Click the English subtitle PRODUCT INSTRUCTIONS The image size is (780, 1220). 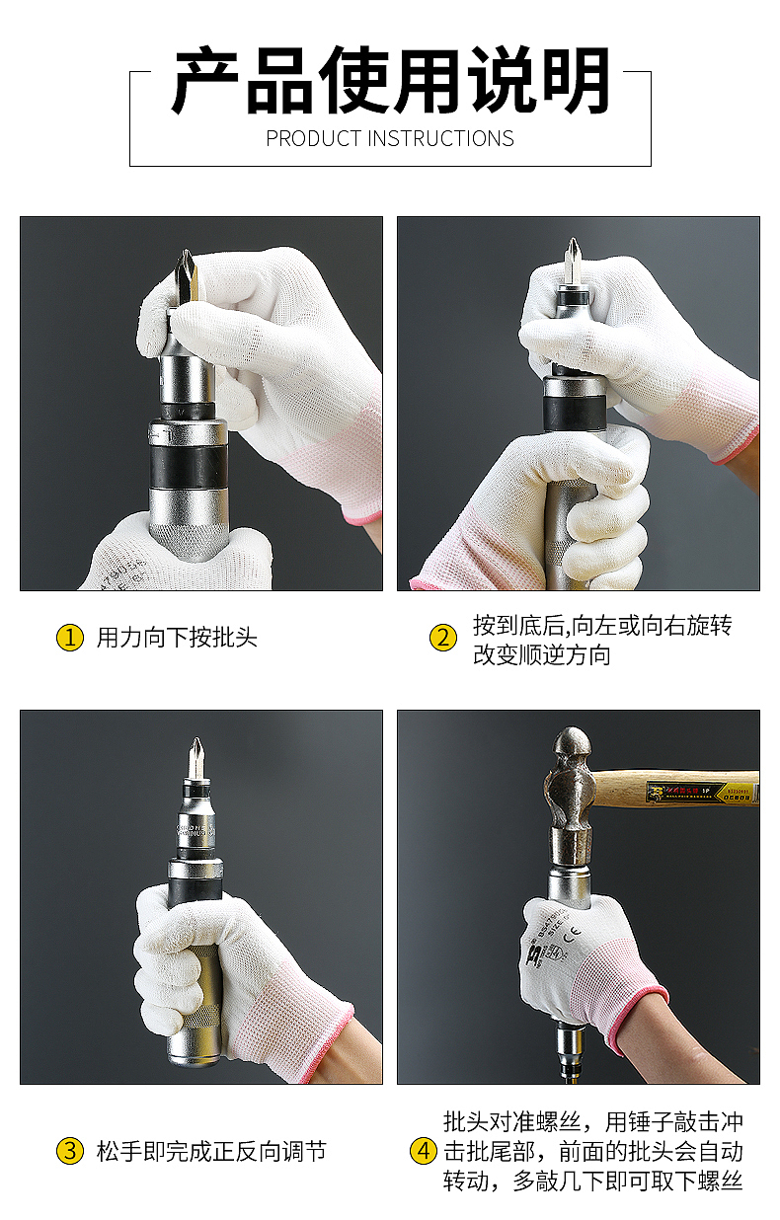click(x=390, y=138)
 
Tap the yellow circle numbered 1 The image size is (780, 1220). click(x=69, y=638)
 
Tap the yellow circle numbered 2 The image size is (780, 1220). click(x=443, y=638)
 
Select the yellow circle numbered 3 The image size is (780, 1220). click(x=69, y=1151)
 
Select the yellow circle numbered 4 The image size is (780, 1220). click(x=423, y=1151)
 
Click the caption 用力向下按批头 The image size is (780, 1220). click(x=177, y=638)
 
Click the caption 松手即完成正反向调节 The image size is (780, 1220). click(x=211, y=1151)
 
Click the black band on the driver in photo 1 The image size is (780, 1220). click(x=188, y=465)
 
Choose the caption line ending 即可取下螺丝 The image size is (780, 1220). click(x=592, y=1181)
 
